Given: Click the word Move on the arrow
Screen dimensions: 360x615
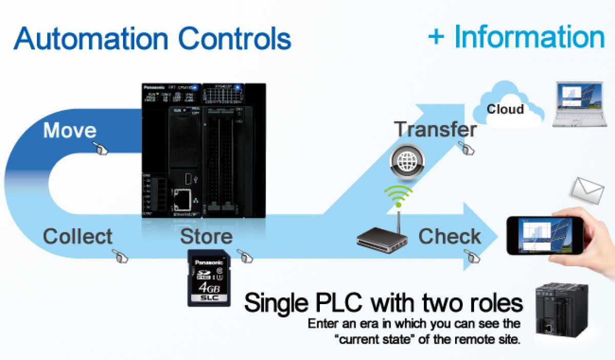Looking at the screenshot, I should click(70, 130).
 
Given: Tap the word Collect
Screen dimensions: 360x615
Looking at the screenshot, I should click(77, 237).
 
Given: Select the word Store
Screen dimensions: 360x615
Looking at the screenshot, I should click(206, 237).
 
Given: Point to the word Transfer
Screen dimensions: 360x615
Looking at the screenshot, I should click(435, 130).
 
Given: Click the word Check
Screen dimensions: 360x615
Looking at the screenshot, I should click(449, 236).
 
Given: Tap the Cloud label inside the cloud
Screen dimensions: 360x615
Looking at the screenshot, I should click(505, 109).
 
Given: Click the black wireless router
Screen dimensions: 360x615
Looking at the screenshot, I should click(382, 239).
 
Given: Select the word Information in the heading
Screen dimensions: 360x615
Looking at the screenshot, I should click(529, 37).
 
